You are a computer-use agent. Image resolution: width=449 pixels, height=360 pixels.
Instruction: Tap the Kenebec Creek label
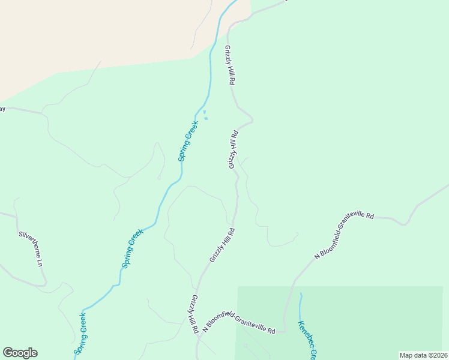coord(307,339)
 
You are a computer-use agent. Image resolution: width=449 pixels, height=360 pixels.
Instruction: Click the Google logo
coord(20,353)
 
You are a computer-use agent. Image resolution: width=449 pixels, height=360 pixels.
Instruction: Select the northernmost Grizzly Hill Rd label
coord(229,67)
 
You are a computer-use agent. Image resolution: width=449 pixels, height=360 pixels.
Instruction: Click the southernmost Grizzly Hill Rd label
coord(195,314)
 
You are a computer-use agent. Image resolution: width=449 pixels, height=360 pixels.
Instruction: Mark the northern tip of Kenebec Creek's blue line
coord(300,294)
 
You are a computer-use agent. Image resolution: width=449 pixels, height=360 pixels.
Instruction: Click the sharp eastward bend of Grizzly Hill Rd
coord(252,120)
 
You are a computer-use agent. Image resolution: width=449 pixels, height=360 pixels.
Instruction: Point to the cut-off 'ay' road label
coord(2,109)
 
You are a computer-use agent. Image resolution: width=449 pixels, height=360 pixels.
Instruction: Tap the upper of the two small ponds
coord(204,112)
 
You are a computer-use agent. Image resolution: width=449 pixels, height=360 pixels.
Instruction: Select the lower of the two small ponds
coord(206,118)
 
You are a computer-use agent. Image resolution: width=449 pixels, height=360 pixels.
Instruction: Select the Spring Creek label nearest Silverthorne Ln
coord(133,248)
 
